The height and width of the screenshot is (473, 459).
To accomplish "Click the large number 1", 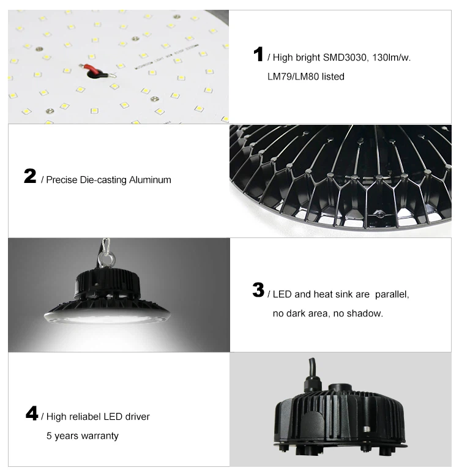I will (258, 54).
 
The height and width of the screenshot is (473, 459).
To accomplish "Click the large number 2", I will (30, 177).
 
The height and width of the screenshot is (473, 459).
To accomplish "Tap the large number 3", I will (258, 290).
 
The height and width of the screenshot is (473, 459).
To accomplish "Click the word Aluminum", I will (150, 180).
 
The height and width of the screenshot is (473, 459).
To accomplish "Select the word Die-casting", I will (103, 180).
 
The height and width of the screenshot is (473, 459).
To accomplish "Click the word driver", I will (136, 417).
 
